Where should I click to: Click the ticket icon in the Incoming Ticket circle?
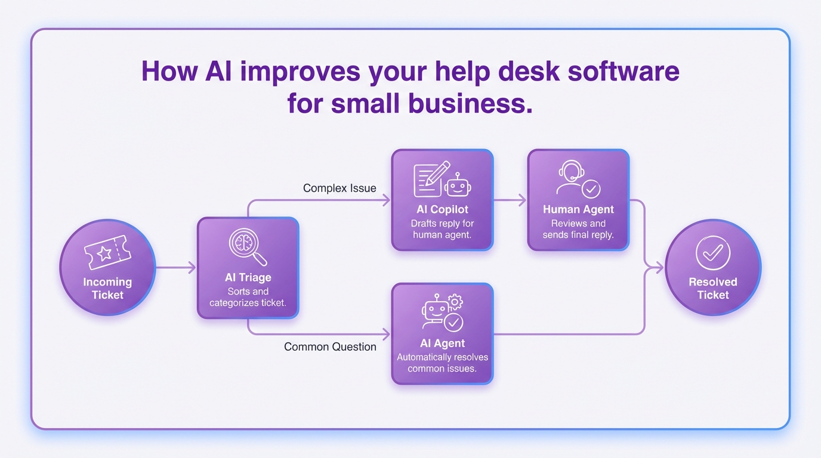click(107, 252)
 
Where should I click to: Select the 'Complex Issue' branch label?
click(339, 188)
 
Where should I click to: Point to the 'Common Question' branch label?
click(330, 346)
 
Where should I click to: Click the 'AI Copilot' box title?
click(442, 209)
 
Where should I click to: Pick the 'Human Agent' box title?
click(578, 209)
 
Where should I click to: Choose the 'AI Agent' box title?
click(442, 343)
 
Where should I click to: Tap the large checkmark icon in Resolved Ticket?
click(712, 253)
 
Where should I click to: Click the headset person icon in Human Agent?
click(572, 177)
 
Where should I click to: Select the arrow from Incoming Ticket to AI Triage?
click(175, 268)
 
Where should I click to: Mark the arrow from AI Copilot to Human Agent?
click(510, 200)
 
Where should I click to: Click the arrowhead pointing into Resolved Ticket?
click(659, 268)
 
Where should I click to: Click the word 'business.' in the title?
click(470, 103)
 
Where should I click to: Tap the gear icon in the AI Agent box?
click(455, 302)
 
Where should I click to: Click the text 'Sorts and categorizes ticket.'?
click(248, 297)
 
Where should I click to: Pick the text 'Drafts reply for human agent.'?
click(442, 229)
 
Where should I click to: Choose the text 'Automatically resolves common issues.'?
click(442, 363)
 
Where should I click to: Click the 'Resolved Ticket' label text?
click(713, 289)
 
